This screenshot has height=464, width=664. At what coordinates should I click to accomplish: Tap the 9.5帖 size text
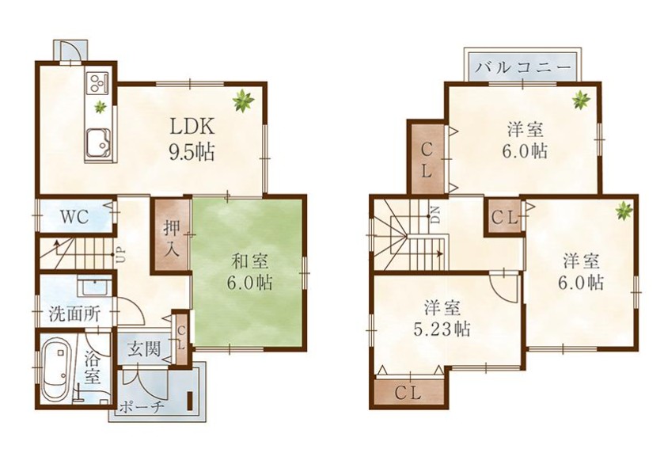click(192, 152)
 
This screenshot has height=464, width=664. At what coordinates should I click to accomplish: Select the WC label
click(74, 217)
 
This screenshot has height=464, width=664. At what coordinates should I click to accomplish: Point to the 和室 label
click(249, 261)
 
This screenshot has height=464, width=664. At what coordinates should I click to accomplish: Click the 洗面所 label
click(74, 314)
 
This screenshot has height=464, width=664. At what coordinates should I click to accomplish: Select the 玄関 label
click(143, 350)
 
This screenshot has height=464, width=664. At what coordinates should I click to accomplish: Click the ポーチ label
click(142, 408)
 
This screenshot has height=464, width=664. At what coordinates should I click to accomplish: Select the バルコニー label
click(522, 68)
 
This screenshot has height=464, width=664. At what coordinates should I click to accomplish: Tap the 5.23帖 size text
click(442, 329)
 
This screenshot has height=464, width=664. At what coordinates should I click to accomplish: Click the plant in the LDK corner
click(243, 101)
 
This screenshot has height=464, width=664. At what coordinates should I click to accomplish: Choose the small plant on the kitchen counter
click(100, 106)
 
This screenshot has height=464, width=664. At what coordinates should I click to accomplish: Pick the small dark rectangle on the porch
click(190, 401)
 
